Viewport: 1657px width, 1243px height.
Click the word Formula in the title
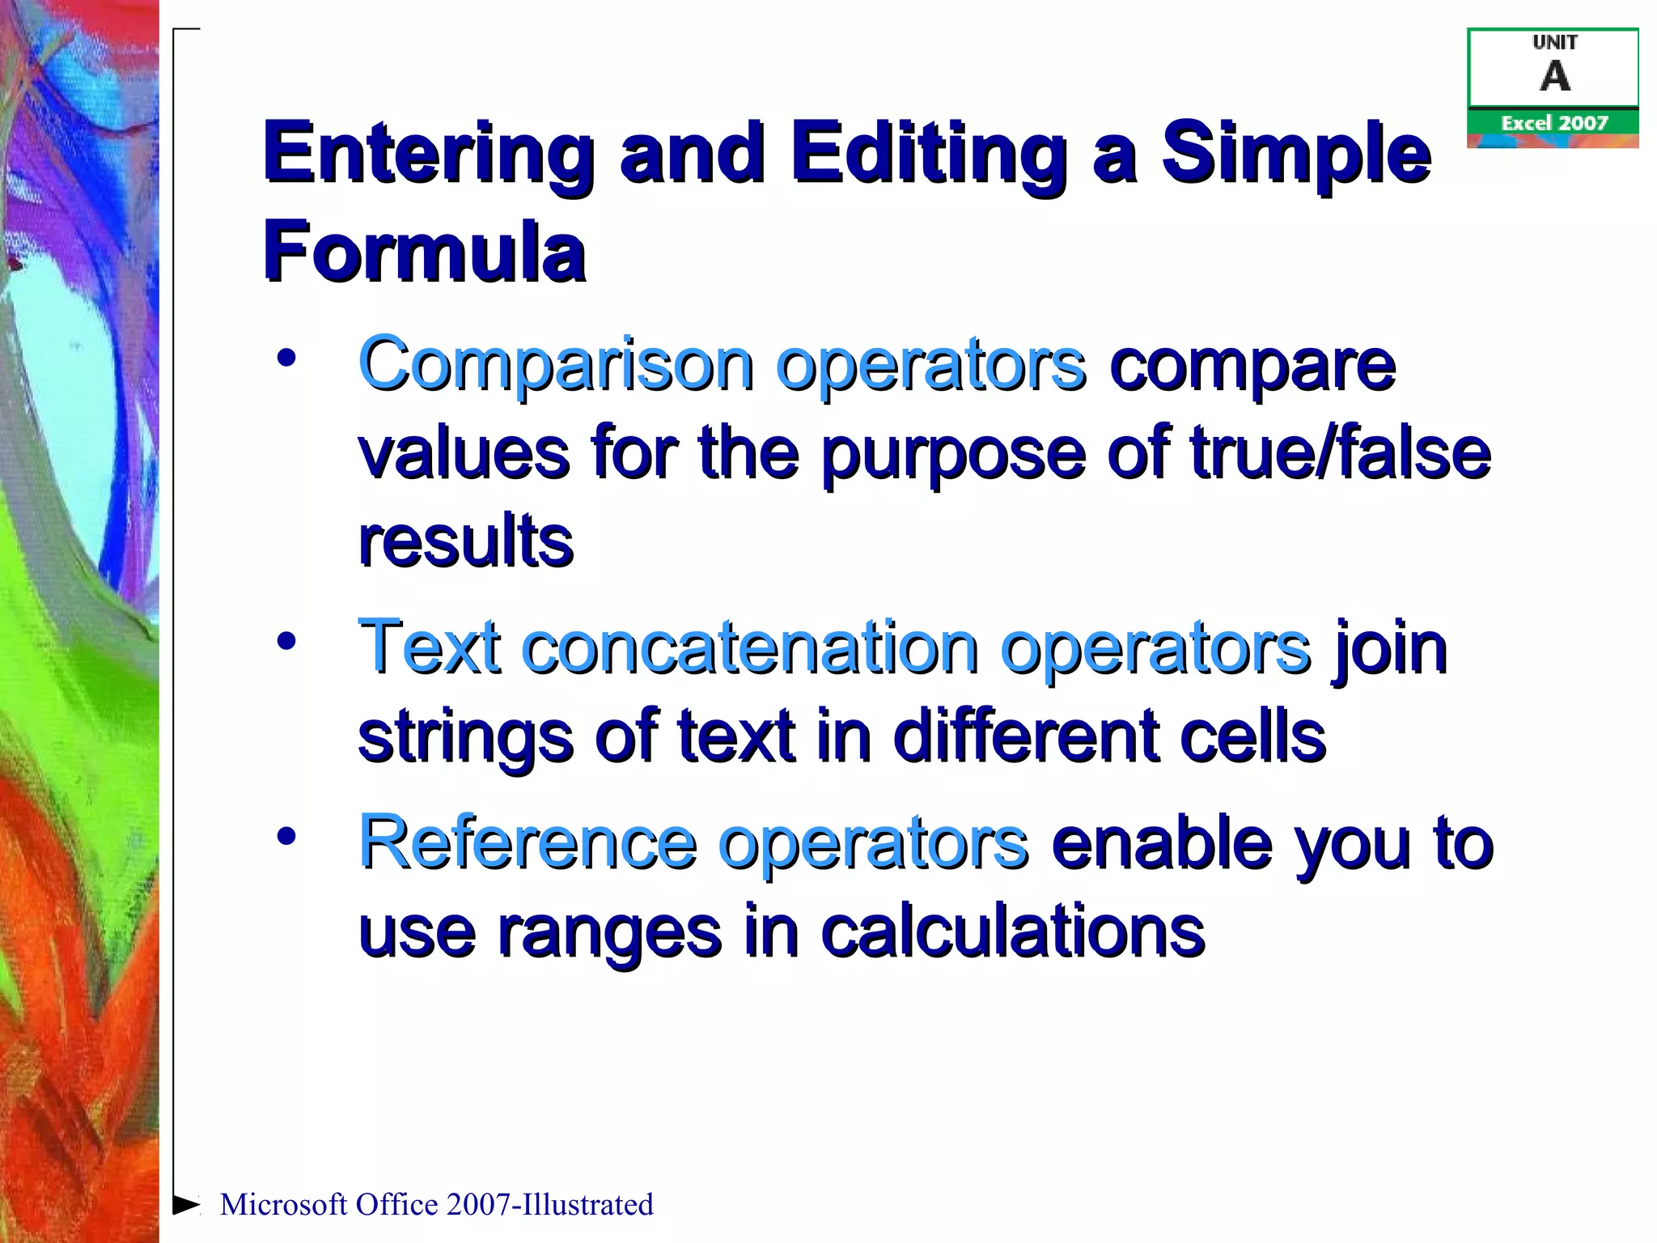pos(424,252)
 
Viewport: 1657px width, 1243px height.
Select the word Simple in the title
pos(1296,154)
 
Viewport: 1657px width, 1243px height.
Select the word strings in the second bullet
pos(464,738)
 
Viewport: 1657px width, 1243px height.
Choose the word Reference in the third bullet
pos(527,843)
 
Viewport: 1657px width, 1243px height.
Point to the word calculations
pos(1012,932)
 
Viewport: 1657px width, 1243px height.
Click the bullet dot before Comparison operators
pos(286,358)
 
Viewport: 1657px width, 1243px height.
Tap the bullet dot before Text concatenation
pos(286,642)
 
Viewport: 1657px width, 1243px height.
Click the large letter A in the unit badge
pos(1554,77)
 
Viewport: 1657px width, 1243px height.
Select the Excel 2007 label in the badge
pos(1553,123)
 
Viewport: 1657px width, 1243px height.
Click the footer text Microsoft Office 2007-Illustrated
pos(436,1204)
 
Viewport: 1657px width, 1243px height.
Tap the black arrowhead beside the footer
pos(186,1204)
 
